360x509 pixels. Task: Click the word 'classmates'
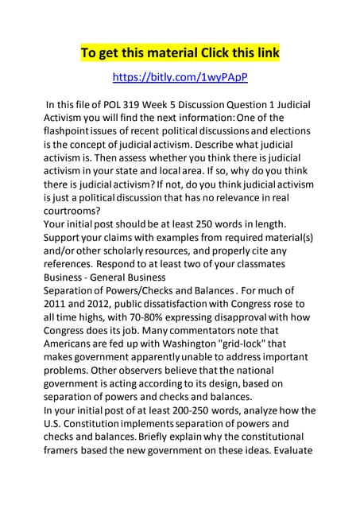[x=282, y=262]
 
